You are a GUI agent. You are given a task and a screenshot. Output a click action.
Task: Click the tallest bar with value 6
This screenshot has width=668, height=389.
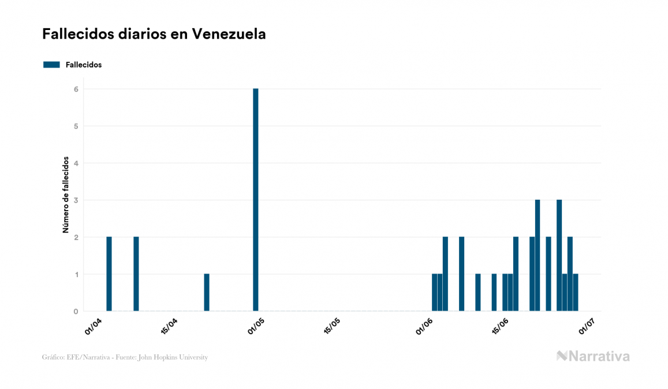pyautogui.click(x=255, y=200)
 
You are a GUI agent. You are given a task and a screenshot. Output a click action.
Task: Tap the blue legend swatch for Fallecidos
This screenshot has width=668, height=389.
pyautogui.click(x=51, y=65)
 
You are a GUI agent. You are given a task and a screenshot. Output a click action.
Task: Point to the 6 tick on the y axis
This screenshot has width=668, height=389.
pyautogui.click(x=76, y=89)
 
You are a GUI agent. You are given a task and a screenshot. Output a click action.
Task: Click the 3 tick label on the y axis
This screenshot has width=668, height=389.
pyautogui.click(x=76, y=200)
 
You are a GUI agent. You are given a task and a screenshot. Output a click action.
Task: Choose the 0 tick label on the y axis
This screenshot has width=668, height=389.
pyautogui.click(x=76, y=312)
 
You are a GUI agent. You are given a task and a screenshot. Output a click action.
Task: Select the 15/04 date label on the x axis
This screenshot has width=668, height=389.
pyautogui.click(x=169, y=326)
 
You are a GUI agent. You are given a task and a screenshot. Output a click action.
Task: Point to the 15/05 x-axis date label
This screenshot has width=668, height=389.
pyautogui.click(x=333, y=326)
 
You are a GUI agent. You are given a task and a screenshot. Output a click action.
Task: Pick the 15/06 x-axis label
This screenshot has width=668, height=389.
pyautogui.click(x=500, y=326)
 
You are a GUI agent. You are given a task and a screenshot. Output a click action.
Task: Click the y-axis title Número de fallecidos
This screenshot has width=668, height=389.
pyautogui.click(x=66, y=194)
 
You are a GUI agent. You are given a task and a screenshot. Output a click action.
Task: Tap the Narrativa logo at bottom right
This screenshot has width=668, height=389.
pyautogui.click(x=593, y=356)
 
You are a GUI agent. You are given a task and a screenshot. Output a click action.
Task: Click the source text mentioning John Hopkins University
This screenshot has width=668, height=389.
pyautogui.click(x=125, y=357)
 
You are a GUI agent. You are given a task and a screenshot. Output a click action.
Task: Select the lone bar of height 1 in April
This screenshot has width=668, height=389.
pyautogui.click(x=207, y=293)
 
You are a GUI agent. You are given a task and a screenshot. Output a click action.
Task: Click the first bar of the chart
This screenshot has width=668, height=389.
pyautogui.click(x=109, y=274)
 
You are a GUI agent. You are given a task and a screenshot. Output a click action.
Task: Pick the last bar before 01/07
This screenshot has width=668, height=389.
pyautogui.click(x=576, y=293)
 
